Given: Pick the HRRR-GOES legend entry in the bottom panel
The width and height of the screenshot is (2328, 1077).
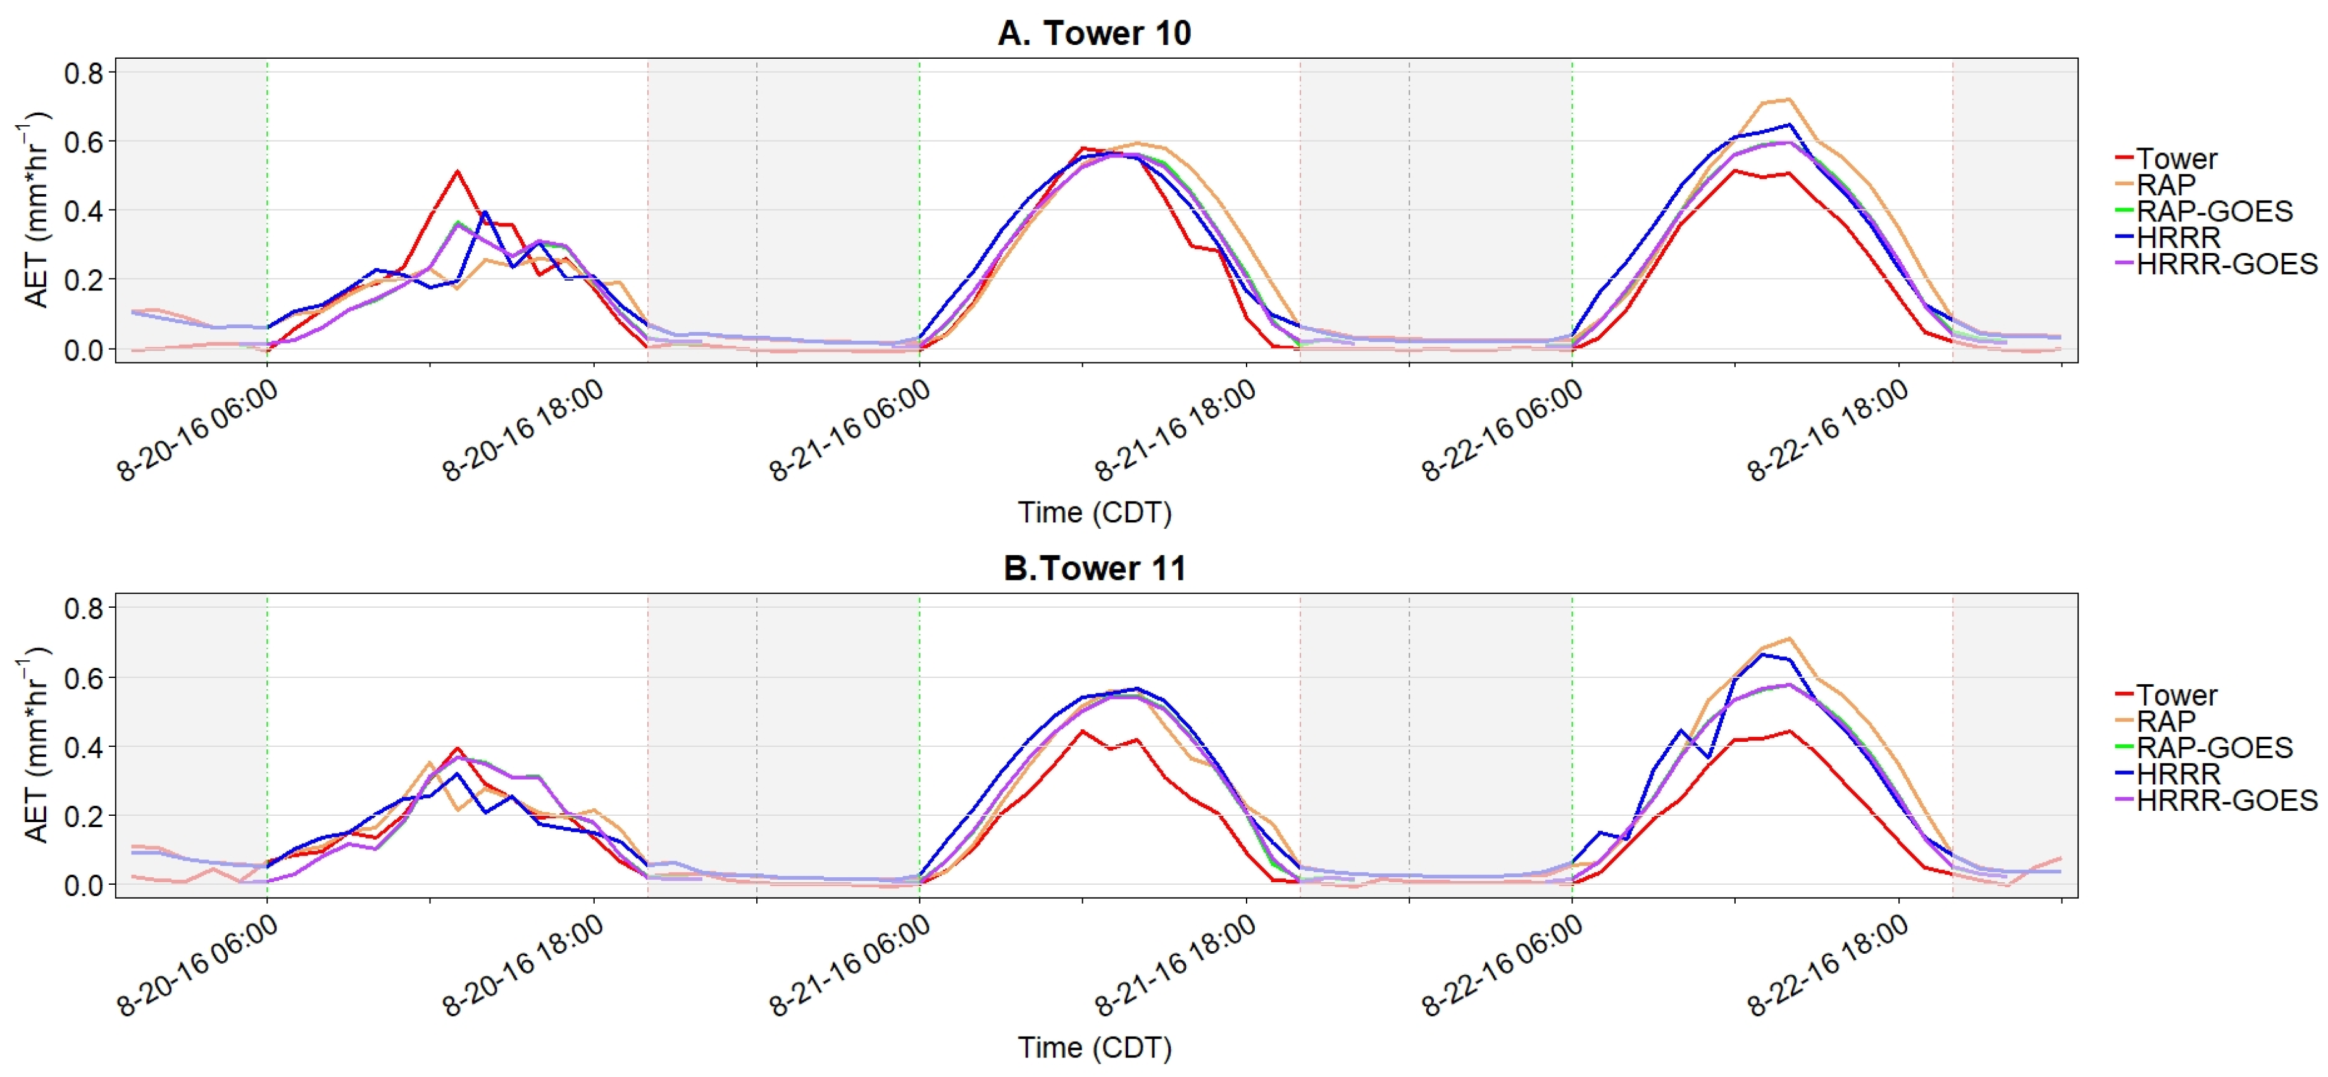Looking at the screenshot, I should click(x=2225, y=801).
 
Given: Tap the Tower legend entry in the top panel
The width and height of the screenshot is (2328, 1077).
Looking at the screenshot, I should click(x=2175, y=159).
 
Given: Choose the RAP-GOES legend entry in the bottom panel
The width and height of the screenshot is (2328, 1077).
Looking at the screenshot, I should click(x=2213, y=748).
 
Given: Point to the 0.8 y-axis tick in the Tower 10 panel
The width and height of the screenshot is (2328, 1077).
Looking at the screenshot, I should click(x=83, y=72).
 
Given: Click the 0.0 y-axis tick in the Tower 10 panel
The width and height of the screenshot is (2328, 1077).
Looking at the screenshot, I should click(x=83, y=350).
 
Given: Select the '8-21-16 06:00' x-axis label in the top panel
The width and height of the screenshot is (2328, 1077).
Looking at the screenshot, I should click(x=849, y=431).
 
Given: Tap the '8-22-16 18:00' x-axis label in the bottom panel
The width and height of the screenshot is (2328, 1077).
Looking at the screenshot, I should click(x=1827, y=966).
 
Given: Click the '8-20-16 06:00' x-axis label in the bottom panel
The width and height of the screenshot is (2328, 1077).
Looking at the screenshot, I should click(x=197, y=966).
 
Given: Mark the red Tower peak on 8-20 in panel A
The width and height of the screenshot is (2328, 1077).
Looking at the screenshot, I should click(x=458, y=171).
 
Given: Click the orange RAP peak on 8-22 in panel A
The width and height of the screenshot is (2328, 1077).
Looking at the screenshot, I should click(x=1788, y=99).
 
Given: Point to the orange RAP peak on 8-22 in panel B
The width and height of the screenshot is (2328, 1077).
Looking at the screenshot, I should click(x=1788, y=639).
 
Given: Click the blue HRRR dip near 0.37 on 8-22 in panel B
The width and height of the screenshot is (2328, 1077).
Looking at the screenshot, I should click(x=1708, y=756).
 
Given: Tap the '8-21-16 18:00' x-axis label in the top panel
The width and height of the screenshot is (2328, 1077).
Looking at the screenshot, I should click(x=1175, y=431).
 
